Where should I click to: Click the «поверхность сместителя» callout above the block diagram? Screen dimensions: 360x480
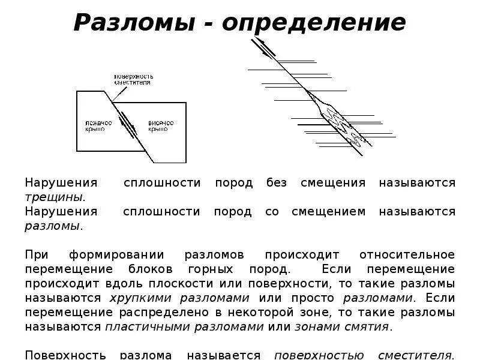click(135, 79)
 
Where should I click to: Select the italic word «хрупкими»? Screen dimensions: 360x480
click(137, 298)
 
